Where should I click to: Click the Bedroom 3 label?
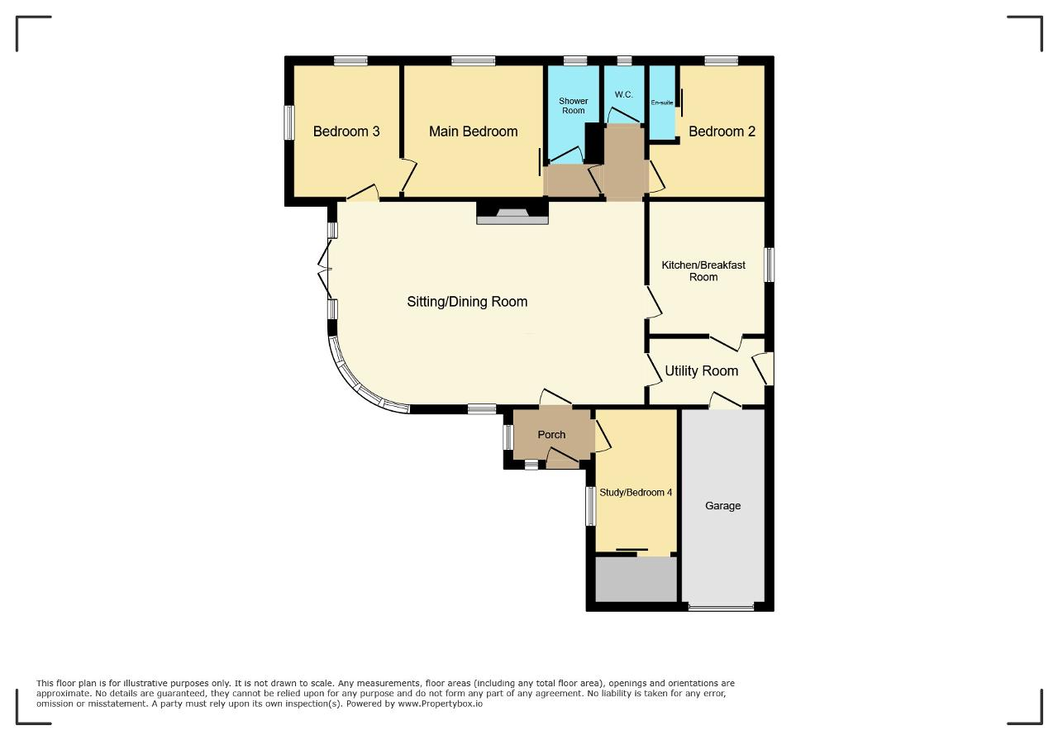click(346, 131)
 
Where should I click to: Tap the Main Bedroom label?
click(474, 131)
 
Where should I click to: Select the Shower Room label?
click(574, 106)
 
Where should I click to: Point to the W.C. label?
click(623, 94)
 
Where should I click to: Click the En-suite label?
click(662, 103)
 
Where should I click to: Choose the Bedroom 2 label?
click(722, 131)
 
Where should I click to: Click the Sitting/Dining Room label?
click(467, 302)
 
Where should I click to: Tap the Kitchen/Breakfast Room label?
click(703, 270)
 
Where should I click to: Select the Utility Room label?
click(702, 371)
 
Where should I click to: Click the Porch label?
click(551, 434)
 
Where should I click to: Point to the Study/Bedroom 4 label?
click(636, 493)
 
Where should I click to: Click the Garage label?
click(722, 506)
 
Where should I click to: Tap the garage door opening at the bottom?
click(722, 607)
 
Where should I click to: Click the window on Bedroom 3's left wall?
click(288, 122)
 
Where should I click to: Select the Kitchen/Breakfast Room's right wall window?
click(770, 265)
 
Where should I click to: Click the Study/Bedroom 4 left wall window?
click(590, 506)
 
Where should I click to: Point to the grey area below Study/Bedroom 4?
click(636, 580)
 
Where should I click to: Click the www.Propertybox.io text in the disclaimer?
click(441, 704)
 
